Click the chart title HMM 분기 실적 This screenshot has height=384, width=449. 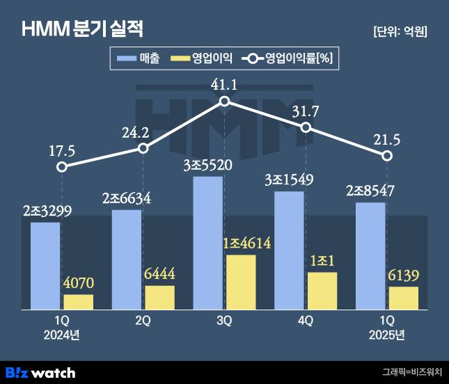pyautogui.click(x=82, y=30)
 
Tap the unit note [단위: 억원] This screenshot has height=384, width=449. pyautogui.click(x=400, y=31)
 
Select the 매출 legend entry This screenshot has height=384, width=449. pyautogui.click(x=139, y=58)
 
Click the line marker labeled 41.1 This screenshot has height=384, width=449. pyautogui.click(x=224, y=102)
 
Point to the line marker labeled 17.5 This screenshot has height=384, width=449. pyautogui.click(x=62, y=167)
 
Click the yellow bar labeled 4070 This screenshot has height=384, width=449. pyautogui.click(x=78, y=302)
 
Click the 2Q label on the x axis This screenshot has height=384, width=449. pyautogui.click(x=143, y=321)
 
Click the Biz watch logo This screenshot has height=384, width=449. pyautogui.click(x=40, y=372)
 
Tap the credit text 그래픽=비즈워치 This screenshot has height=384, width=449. pyautogui.click(x=411, y=372)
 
